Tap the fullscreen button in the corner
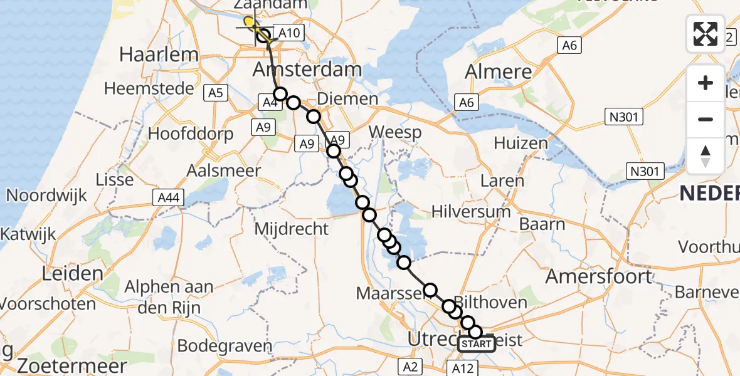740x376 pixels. [706, 33]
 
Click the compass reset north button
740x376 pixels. [706, 156]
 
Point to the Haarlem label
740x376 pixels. [159, 55]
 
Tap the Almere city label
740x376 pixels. [499, 71]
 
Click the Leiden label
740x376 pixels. [73, 273]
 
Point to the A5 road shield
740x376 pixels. [215, 93]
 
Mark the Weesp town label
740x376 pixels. [395, 132]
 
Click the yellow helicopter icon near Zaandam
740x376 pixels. [250, 24]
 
